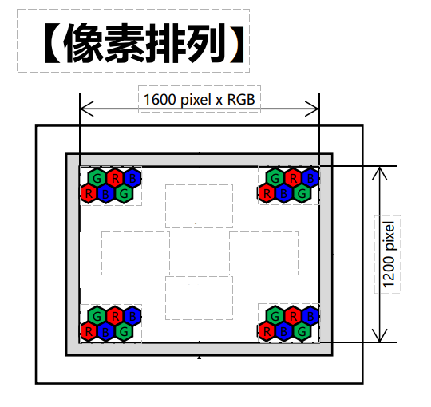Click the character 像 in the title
[84, 43]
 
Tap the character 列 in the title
[207, 43]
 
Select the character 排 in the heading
[166, 43]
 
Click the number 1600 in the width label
[160, 100]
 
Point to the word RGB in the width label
[241, 100]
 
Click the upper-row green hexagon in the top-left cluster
[97, 179]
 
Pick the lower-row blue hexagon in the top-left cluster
[105, 194]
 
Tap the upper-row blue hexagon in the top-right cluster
[310, 179]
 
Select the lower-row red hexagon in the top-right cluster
[267, 194]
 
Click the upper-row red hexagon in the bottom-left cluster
[115, 316]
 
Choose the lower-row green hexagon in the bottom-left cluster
[124, 332]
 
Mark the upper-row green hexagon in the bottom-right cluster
[275, 316]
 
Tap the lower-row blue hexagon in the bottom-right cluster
[284, 332]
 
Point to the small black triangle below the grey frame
[200, 358]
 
